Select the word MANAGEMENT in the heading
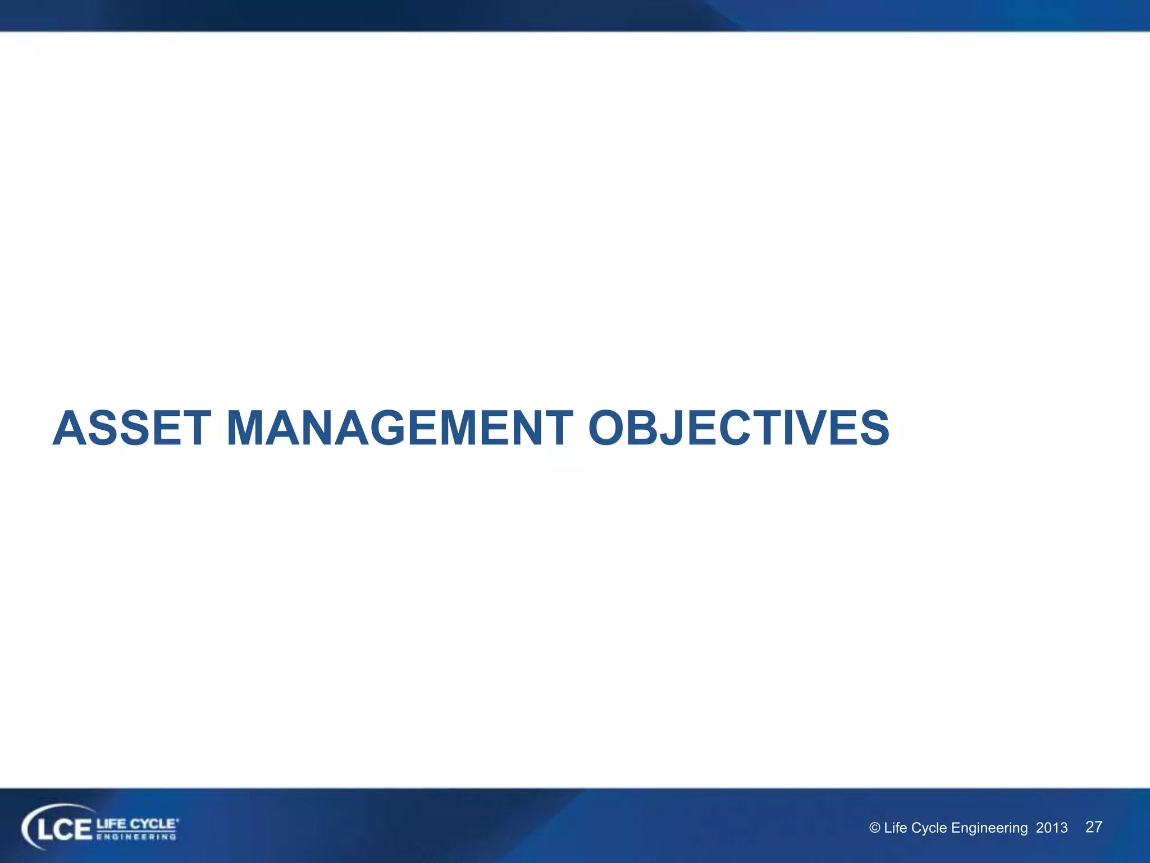pos(399,429)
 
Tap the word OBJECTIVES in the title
pos(738,429)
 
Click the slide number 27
pos(1094,826)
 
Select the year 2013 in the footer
pos(1051,828)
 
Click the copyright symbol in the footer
pos(874,828)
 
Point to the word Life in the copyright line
pos(895,828)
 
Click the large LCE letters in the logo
pos(63,829)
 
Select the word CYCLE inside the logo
pos(153,824)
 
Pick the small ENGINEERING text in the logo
pos(136,837)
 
